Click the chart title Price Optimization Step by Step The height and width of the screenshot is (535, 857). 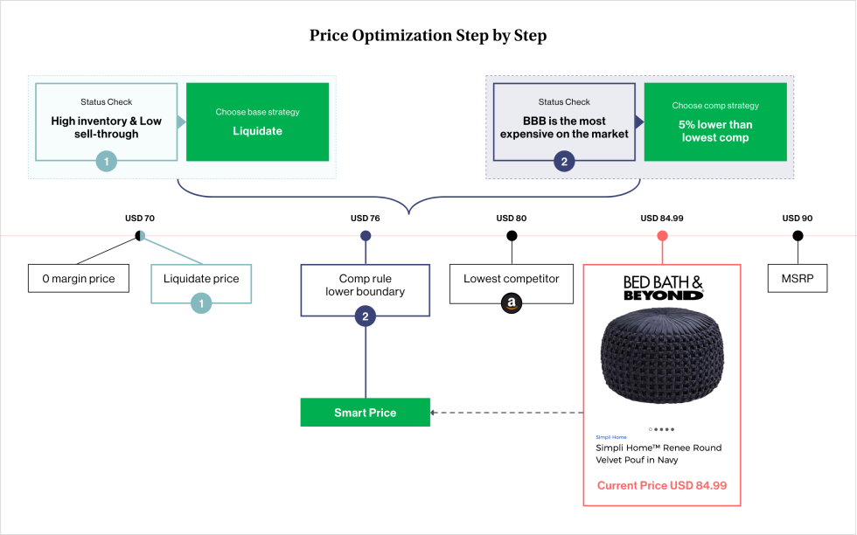[x=428, y=36]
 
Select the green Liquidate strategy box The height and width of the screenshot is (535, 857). [x=258, y=122]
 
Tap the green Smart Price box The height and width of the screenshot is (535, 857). [x=365, y=413]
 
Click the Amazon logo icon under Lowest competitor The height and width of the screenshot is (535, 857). [x=511, y=304]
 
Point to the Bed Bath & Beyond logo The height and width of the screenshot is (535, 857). [x=662, y=288]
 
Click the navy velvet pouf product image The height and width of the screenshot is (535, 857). [x=662, y=362]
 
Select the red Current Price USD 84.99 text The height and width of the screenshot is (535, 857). [x=662, y=485]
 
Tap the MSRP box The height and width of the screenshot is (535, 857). [x=797, y=279]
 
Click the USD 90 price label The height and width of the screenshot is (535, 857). [x=797, y=219]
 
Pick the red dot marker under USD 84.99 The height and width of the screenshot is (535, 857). [x=662, y=235]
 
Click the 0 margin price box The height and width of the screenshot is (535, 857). [x=78, y=279]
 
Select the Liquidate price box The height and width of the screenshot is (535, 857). [x=201, y=279]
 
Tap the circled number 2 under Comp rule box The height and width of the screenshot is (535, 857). [x=365, y=316]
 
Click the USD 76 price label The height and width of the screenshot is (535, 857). [x=365, y=219]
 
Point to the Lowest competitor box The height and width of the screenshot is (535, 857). [x=511, y=279]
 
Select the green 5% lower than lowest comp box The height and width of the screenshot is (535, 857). [x=714, y=122]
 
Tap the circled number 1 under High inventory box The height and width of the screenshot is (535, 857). [x=106, y=162]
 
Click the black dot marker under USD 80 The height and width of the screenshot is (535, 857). [x=511, y=235]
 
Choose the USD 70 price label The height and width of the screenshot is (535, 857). [x=139, y=219]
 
